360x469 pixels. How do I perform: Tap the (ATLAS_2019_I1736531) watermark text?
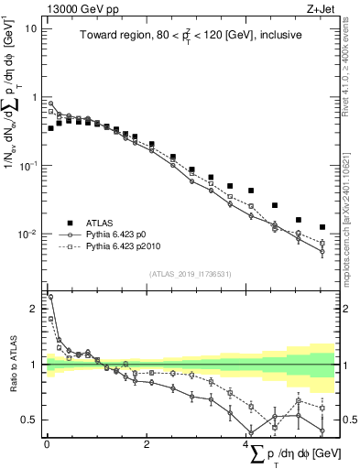click(189, 274)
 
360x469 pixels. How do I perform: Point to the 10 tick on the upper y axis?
click(30, 28)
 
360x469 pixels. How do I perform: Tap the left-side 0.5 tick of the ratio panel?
click(30, 420)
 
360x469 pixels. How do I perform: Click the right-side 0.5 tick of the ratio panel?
click(347, 420)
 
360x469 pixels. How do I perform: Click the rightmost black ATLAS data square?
click(322, 227)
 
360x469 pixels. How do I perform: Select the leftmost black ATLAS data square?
click(50, 128)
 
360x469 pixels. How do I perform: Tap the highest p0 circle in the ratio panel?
click(50, 296)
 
